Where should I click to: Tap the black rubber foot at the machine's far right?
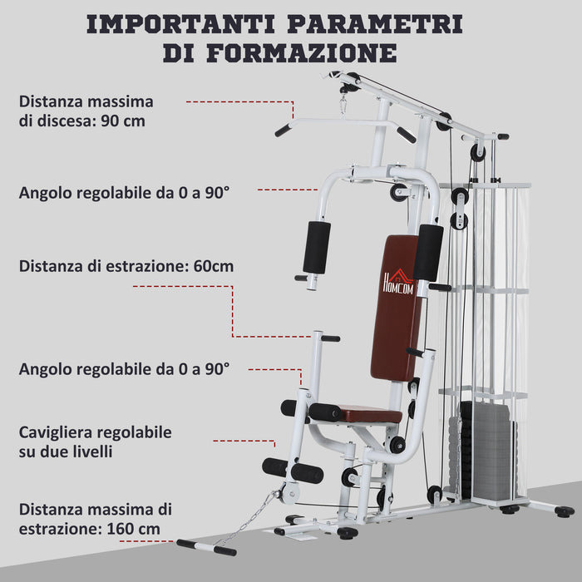pyautogui.click(x=565, y=511)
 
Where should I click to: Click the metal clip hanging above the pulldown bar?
pyautogui.click(x=342, y=103)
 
